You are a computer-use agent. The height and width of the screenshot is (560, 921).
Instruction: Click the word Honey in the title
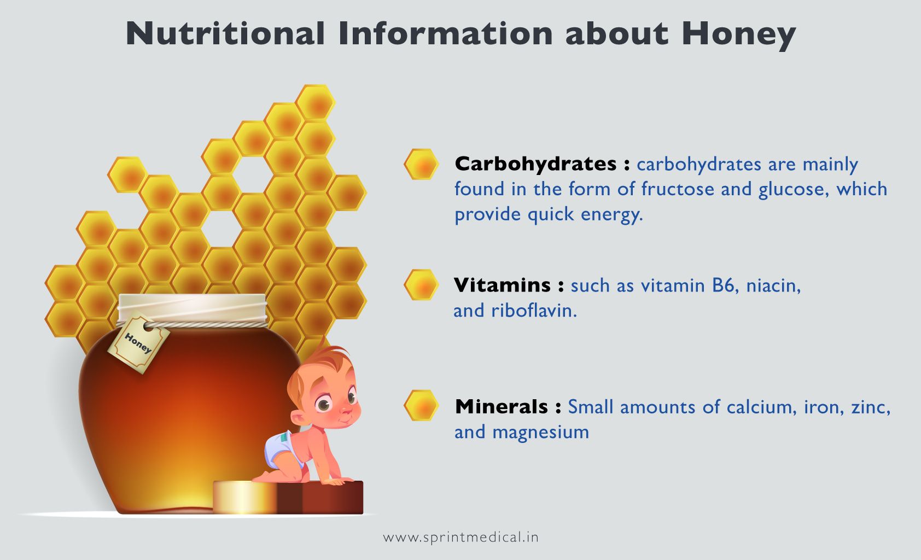coord(738,34)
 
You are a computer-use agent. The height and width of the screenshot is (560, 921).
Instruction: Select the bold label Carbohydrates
coord(536,164)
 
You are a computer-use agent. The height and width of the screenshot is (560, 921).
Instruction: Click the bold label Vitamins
coord(502,285)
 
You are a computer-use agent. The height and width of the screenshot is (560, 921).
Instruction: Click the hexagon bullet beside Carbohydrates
coord(421,164)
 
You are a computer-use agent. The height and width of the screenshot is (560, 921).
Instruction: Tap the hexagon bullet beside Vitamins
coord(421,285)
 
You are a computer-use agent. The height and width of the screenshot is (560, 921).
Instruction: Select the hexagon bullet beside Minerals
coord(421,406)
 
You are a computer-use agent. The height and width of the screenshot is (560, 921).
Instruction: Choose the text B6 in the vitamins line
coord(723,285)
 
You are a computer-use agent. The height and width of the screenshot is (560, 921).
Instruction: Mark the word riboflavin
coord(533,311)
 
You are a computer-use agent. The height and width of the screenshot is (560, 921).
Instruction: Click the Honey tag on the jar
coord(137,343)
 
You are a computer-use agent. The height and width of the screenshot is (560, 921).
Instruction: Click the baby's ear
coord(299,418)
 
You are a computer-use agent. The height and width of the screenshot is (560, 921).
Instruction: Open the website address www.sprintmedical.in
coord(460,537)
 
